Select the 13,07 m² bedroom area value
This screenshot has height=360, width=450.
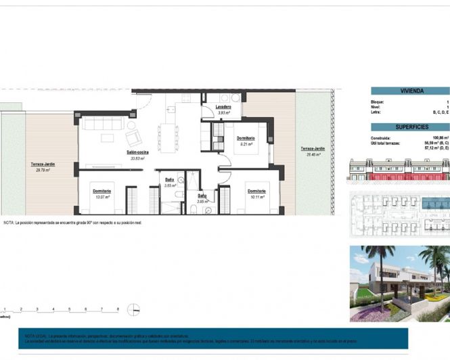point(102,197)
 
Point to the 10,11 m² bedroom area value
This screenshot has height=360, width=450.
point(255,197)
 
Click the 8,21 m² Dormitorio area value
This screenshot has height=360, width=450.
point(245,144)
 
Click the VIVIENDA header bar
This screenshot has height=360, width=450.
point(410,91)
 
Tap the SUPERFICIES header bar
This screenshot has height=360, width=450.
point(410,127)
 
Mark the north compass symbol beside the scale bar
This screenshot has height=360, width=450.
point(136,310)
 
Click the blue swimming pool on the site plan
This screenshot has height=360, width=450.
point(433,203)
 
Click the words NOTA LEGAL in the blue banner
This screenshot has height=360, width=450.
point(35,335)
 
